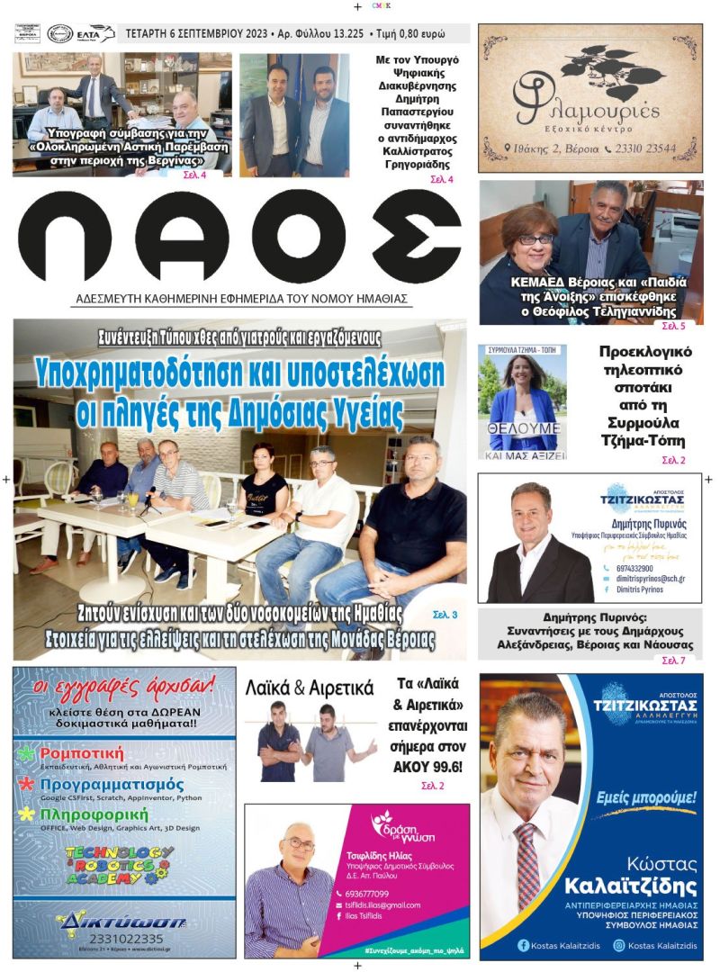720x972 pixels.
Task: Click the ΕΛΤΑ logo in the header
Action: pyautogui.click(x=95, y=34)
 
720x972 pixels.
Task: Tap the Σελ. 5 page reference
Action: pyautogui.click(x=673, y=326)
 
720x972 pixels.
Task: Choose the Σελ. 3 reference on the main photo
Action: pyautogui.click(x=445, y=615)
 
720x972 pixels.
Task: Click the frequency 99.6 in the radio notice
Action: pyautogui.click(x=445, y=767)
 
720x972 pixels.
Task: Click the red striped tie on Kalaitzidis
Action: pyautogui.click(x=527, y=865)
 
